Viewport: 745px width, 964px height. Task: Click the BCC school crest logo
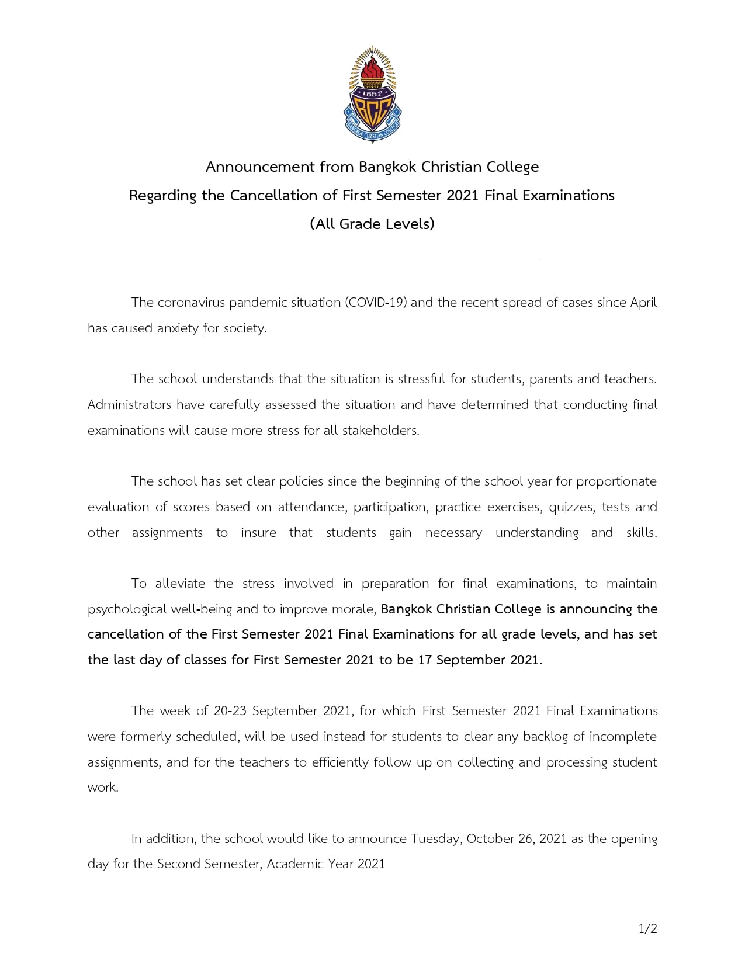tap(372, 95)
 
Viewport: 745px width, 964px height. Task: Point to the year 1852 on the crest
tap(372, 93)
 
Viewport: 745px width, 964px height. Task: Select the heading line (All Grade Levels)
tap(372, 224)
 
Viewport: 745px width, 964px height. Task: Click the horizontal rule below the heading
tap(372, 258)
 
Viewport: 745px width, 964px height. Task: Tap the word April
tap(643, 303)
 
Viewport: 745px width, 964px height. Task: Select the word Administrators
tap(129, 405)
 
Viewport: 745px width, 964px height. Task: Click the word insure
tap(258, 533)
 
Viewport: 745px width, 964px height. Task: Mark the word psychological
tap(127, 609)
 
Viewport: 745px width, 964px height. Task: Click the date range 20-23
tap(230, 711)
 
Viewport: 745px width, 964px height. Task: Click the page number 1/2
tap(647, 929)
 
